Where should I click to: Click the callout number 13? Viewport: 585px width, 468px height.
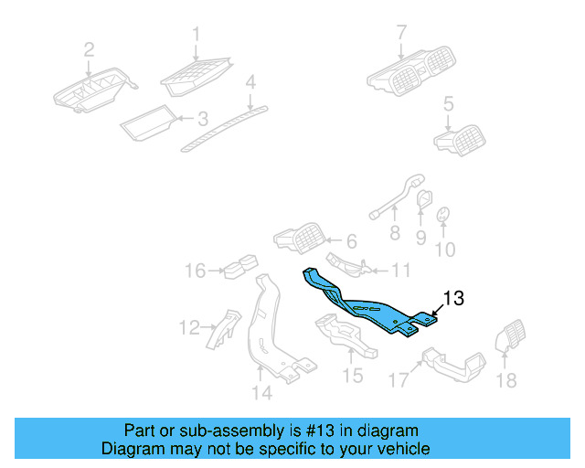[454, 298]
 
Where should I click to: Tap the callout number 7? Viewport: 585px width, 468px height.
[400, 35]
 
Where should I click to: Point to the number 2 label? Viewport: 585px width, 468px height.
[89, 48]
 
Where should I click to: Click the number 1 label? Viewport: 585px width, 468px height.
[195, 35]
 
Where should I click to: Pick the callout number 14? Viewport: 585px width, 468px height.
[262, 394]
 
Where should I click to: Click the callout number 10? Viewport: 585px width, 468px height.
[444, 249]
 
